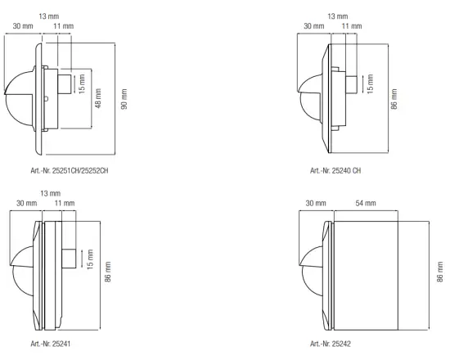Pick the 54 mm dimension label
pyautogui.click(x=365, y=203)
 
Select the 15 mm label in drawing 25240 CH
pyautogui.click(x=370, y=83)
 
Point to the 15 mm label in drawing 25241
pyautogui.click(x=89, y=259)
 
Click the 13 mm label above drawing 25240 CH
pyautogui.click(x=337, y=16)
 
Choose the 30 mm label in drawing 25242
pyautogui.click(x=315, y=203)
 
